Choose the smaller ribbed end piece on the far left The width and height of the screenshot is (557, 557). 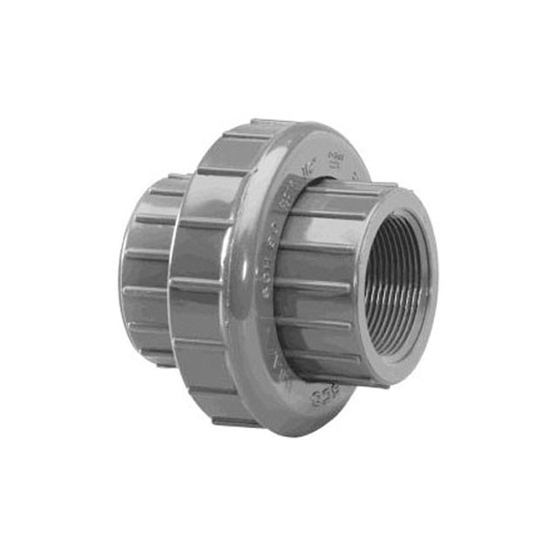(148, 270)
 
